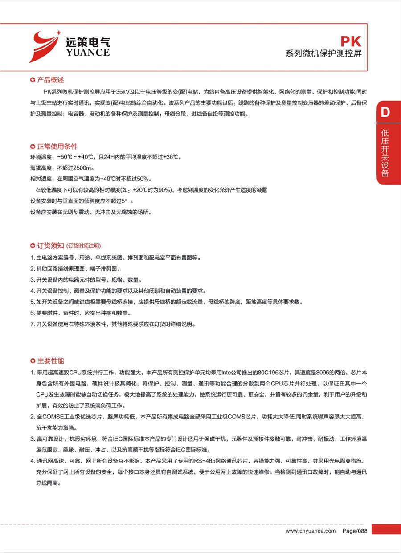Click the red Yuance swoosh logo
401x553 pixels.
pos(45,46)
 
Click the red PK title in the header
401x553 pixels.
pos(351,42)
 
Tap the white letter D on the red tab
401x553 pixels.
pos(385,112)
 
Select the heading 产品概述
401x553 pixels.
pos(50,80)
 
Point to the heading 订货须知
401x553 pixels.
pos(50,246)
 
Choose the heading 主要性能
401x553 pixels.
pos(50,361)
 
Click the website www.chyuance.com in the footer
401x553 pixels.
pos(311,531)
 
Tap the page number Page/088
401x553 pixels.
pos(355,531)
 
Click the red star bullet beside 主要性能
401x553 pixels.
pos(32,361)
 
